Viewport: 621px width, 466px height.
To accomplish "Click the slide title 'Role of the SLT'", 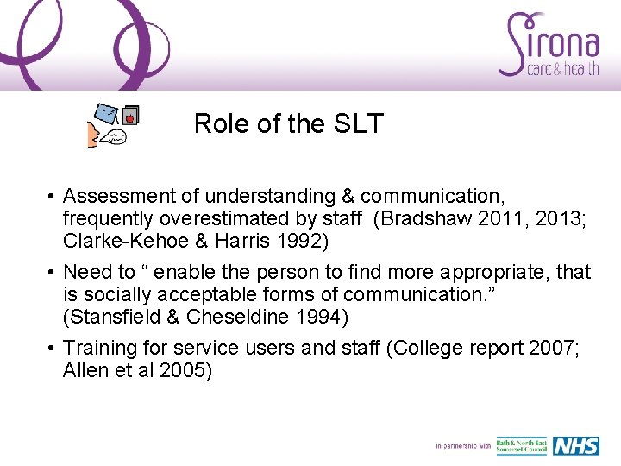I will coord(288,124).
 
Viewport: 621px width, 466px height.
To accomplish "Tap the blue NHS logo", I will coord(575,446).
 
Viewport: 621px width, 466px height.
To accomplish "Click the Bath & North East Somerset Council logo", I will coord(521,446).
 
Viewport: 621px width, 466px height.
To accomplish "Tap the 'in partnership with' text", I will coord(463,446).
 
